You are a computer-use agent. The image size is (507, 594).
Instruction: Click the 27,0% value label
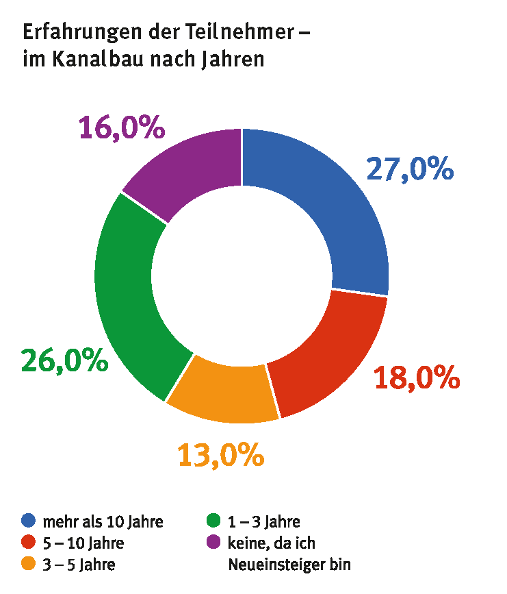point(410,169)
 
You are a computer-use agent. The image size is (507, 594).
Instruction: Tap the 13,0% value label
point(220,455)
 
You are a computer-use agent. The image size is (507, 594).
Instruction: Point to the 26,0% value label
point(64,360)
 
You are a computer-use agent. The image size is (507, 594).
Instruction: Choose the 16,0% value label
point(122,127)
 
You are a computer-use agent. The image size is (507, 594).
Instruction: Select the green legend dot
point(213,521)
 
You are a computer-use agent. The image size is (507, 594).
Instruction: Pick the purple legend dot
point(213,543)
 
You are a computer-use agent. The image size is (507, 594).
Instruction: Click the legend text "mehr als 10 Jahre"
point(103,522)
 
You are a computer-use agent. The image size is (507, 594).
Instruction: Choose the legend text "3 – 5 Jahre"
point(79,565)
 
